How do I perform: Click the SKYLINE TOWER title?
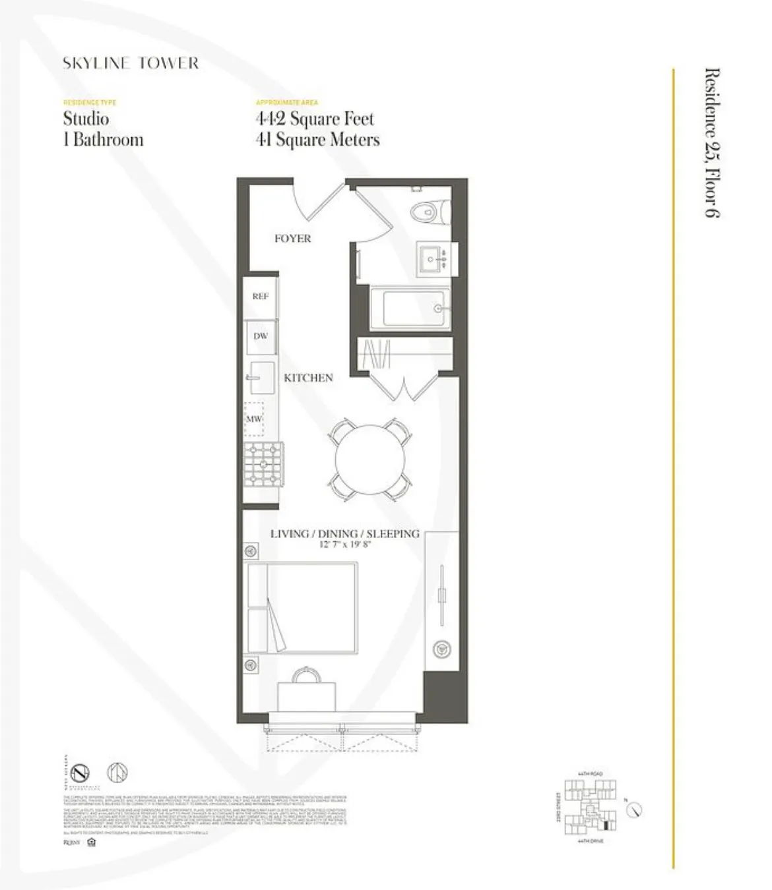[x=131, y=63]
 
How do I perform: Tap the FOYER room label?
[x=292, y=239]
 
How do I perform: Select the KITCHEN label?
[x=308, y=378]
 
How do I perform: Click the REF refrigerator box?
[x=260, y=297]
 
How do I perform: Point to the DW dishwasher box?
[x=261, y=336]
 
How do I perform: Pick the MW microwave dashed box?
[x=254, y=419]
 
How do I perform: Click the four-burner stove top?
[x=263, y=464]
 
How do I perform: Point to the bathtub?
[x=410, y=308]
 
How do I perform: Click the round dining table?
[x=370, y=458]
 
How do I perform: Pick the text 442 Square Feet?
[x=315, y=119]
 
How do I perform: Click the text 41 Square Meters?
[x=317, y=140]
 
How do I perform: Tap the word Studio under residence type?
[x=86, y=119]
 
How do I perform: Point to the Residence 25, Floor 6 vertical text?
[x=712, y=142]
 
